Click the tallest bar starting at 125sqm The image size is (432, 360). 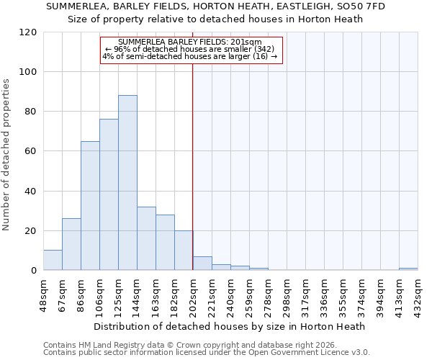tap(127, 183)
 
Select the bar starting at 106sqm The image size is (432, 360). tap(109, 194)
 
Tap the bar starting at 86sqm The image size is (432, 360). tap(90, 205)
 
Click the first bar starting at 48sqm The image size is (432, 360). tap(53, 260)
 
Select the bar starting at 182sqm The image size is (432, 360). tap(184, 251)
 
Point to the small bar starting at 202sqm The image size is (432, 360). tap(202, 264)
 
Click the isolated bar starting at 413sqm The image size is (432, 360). tap(408, 269)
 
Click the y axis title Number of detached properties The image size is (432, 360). tap(7, 155)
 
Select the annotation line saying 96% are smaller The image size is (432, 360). tap(190, 49)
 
